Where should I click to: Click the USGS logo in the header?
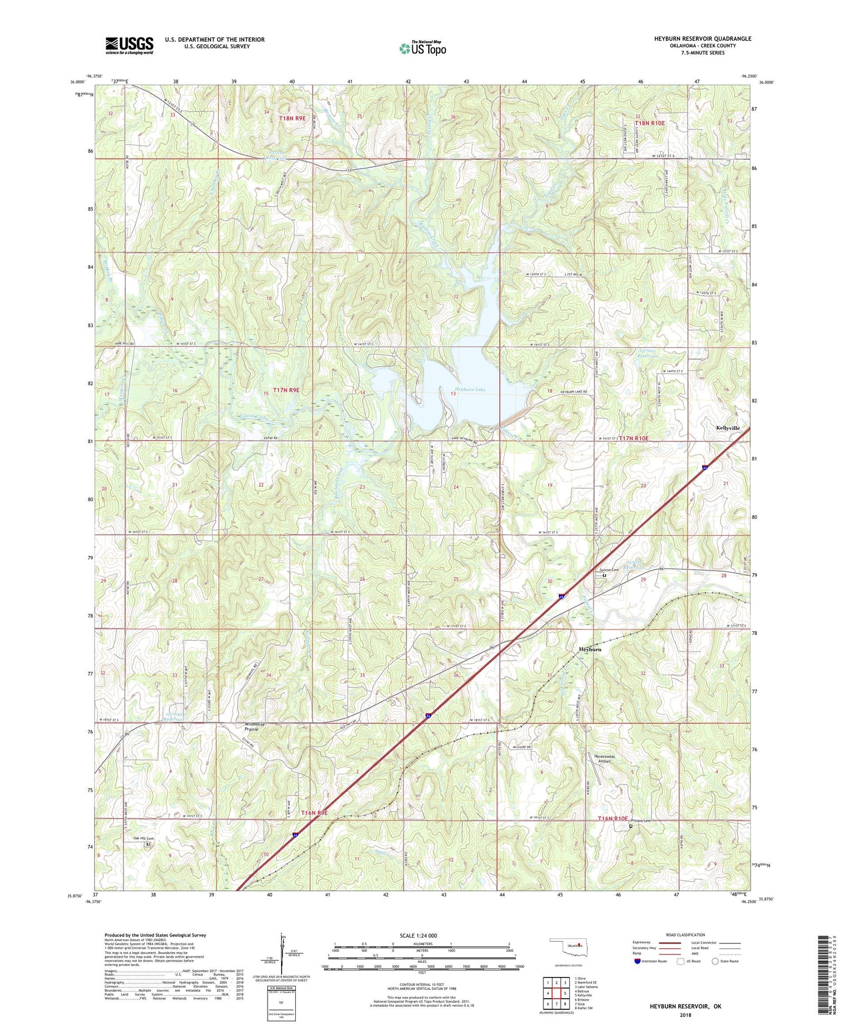(129, 45)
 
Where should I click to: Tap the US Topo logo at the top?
(422, 48)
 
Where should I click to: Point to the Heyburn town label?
(590, 649)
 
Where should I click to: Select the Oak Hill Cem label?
(142, 839)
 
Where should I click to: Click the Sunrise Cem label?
(609, 569)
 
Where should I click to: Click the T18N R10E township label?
(650, 123)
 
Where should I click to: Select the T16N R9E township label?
(314, 812)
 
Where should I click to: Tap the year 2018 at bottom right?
(685, 1015)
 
